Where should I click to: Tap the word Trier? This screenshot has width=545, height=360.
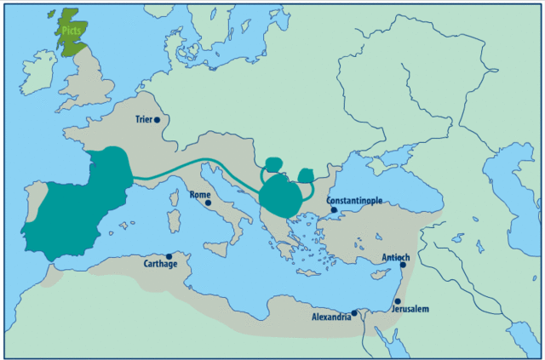(142, 120)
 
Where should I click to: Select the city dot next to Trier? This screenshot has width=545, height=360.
(157, 120)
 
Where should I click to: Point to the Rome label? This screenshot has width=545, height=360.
(199, 195)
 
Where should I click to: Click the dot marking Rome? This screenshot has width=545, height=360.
(207, 203)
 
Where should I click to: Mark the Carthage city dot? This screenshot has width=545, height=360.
(169, 255)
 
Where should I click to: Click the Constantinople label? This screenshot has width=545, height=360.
(353, 201)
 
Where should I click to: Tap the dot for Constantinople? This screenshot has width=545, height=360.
(334, 209)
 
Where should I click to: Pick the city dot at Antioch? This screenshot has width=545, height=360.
(402, 265)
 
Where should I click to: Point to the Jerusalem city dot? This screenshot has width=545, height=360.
(397, 300)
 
